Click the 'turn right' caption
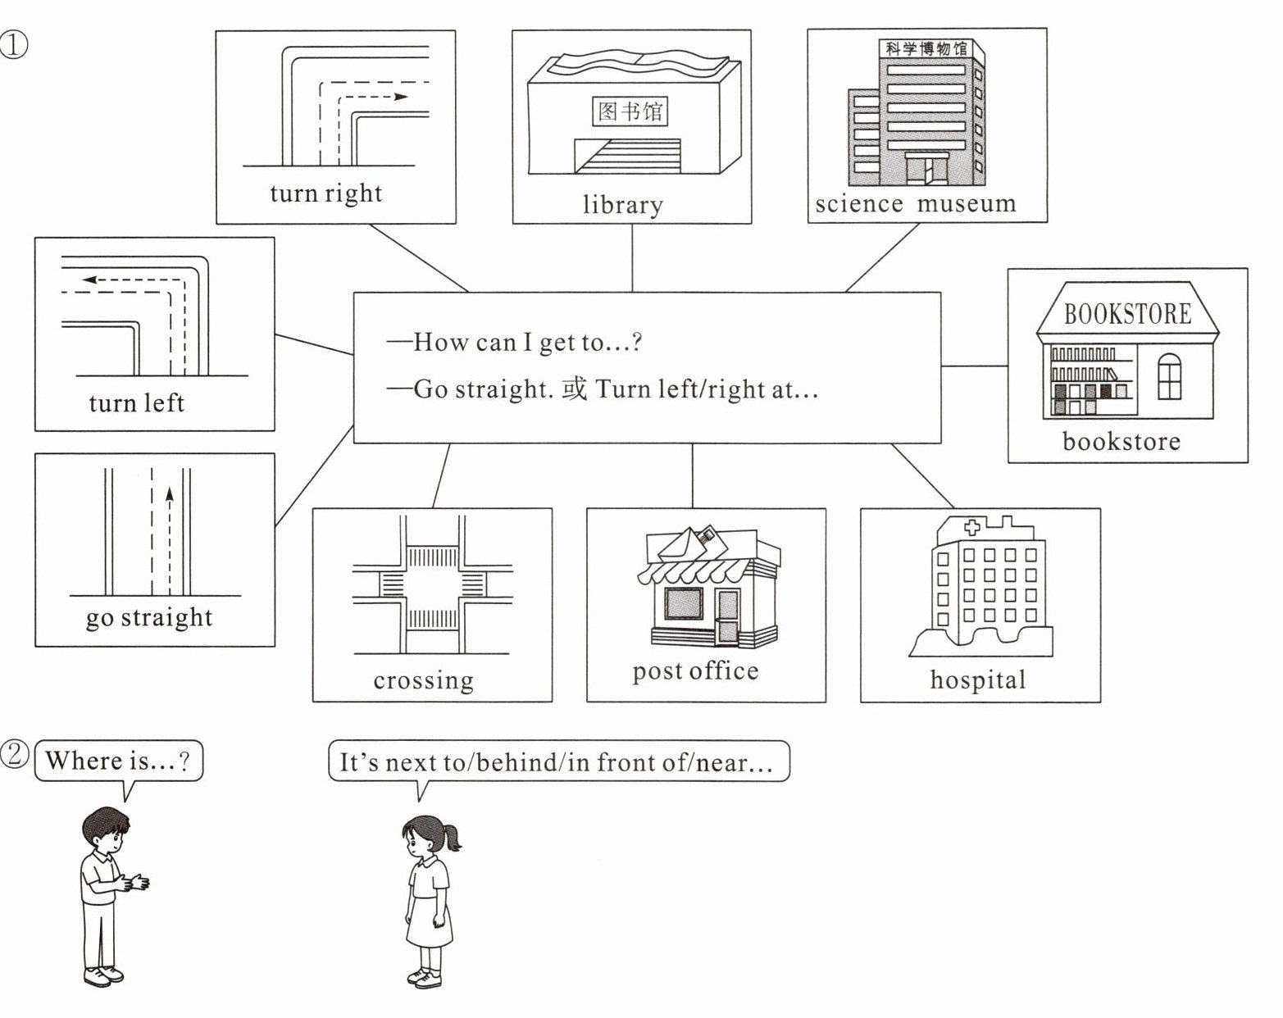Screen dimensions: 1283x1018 (325, 193)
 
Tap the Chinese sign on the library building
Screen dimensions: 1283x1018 (630, 111)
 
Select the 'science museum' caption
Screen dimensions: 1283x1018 (916, 204)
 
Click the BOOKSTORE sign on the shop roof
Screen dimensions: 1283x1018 (1127, 314)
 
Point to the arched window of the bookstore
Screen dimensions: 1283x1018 (1169, 377)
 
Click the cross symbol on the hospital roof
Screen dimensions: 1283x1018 (972, 528)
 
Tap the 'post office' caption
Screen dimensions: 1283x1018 (695, 672)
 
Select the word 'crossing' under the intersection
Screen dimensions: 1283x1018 (423, 680)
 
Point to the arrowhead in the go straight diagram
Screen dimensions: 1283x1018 (170, 493)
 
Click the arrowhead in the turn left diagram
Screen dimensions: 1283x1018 (89, 279)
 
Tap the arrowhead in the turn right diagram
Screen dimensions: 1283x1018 (401, 97)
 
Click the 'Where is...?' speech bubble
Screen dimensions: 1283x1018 (119, 761)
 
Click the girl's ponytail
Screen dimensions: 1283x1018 (452, 838)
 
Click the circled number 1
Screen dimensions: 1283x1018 (14, 45)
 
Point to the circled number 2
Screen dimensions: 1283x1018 (14, 754)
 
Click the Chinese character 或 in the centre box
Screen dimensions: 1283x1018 (574, 389)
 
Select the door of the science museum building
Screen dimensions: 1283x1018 (926, 170)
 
